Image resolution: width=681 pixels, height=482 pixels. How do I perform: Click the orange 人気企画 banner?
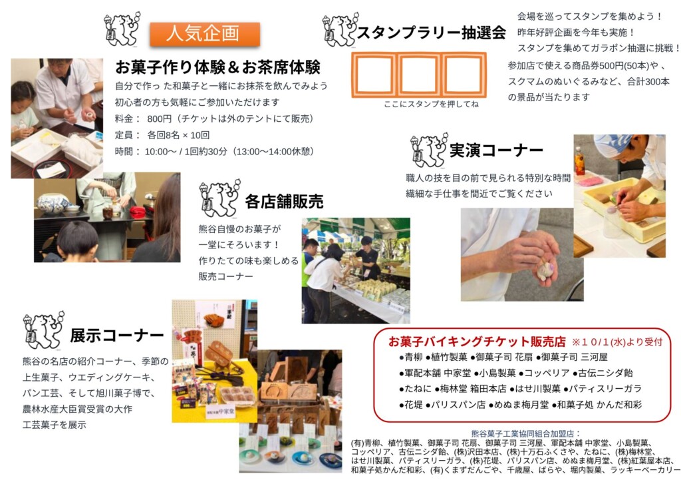pos(205,34)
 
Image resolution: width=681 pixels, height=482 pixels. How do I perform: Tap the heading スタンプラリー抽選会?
pos(431,33)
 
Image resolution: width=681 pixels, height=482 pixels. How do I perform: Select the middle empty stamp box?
pos(419,74)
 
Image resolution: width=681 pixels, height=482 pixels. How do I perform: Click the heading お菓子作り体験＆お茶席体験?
pos(217,67)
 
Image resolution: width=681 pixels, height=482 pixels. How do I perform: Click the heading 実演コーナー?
pos(496,150)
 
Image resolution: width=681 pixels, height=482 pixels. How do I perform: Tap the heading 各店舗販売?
pos(284,202)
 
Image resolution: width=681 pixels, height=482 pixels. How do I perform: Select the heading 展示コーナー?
pos(117,336)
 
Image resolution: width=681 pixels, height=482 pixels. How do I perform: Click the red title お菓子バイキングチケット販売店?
pos(477,342)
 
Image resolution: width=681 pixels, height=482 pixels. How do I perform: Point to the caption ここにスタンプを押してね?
pos(431,105)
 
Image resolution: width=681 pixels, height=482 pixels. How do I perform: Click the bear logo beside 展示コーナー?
pos(44,330)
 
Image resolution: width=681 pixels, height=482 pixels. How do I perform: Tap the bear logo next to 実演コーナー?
pos(429,150)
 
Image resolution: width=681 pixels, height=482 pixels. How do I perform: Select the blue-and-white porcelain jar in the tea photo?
pos(53,204)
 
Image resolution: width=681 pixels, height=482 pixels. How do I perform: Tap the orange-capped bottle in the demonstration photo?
pos(579,161)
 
